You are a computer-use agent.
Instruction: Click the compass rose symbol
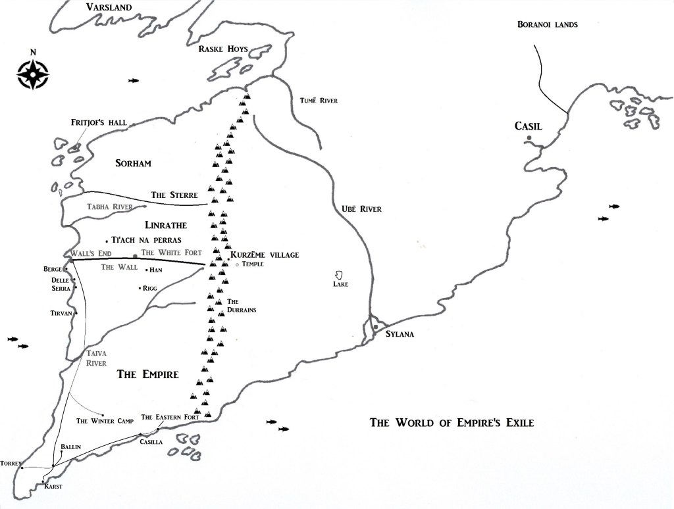32,74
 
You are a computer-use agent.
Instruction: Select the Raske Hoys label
226,48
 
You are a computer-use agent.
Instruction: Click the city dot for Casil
529,137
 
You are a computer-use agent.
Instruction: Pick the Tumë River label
318,100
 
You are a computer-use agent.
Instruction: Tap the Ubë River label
361,209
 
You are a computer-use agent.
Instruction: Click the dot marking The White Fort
136,256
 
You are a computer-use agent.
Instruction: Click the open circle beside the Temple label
237,264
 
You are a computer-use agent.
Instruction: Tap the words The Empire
147,375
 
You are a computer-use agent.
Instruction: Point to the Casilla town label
151,442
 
